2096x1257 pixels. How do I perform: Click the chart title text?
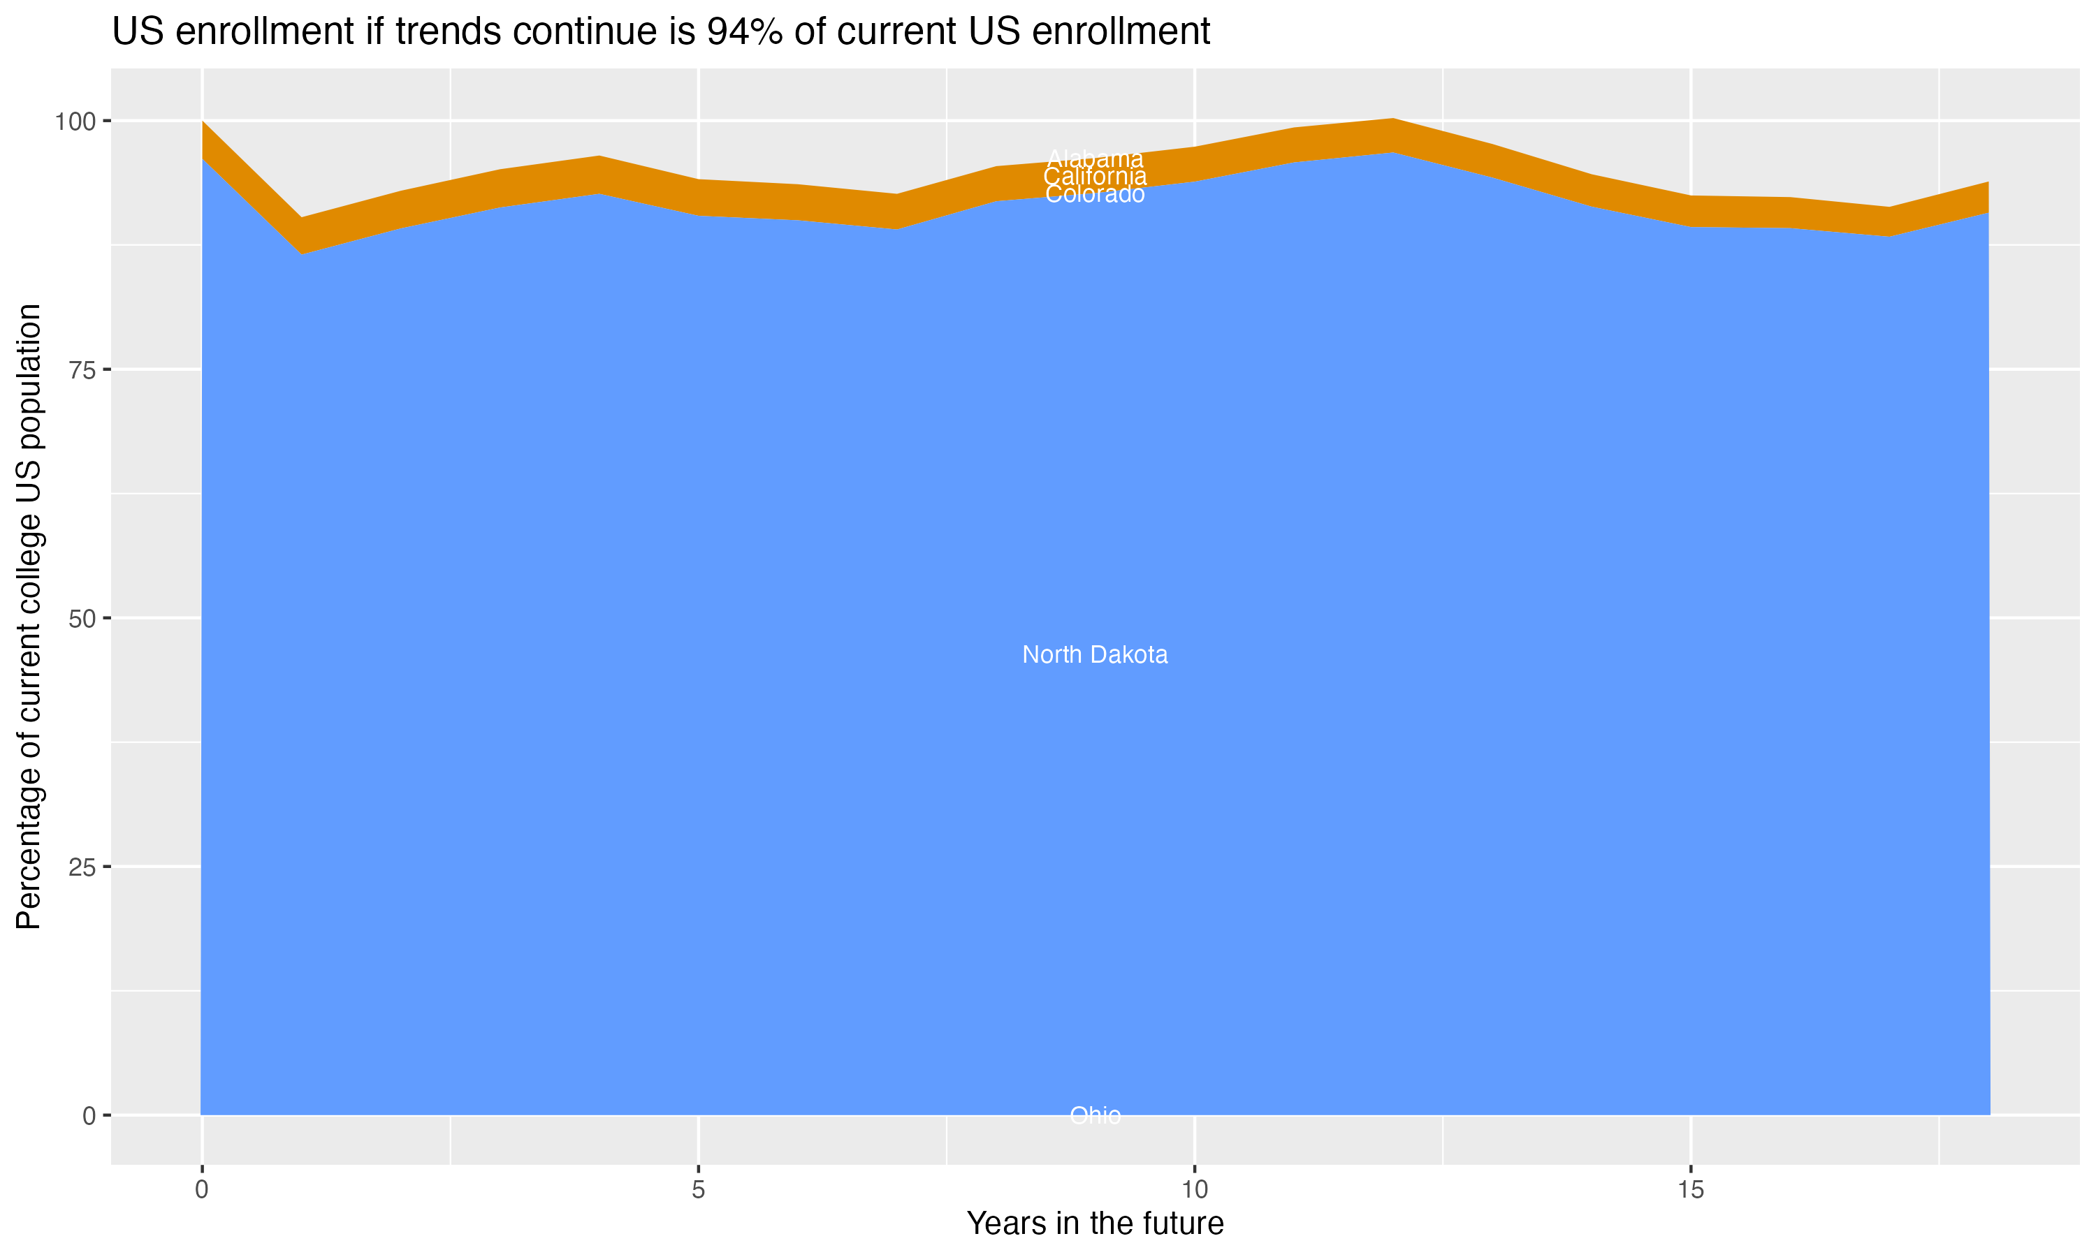click(x=661, y=32)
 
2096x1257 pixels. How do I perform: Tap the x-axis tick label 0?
click(x=202, y=1190)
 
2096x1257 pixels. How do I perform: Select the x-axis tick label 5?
click(x=698, y=1190)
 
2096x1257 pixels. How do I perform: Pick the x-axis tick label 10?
click(x=1194, y=1190)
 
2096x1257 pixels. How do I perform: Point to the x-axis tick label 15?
click(x=1690, y=1190)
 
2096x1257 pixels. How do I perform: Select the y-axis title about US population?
click(x=29, y=617)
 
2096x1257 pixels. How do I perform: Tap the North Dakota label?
click(x=1095, y=655)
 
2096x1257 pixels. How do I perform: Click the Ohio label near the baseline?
click(x=1095, y=1115)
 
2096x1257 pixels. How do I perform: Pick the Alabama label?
click(x=1095, y=159)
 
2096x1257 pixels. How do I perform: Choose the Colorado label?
click(x=1095, y=195)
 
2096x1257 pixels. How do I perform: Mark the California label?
click(x=1095, y=176)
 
